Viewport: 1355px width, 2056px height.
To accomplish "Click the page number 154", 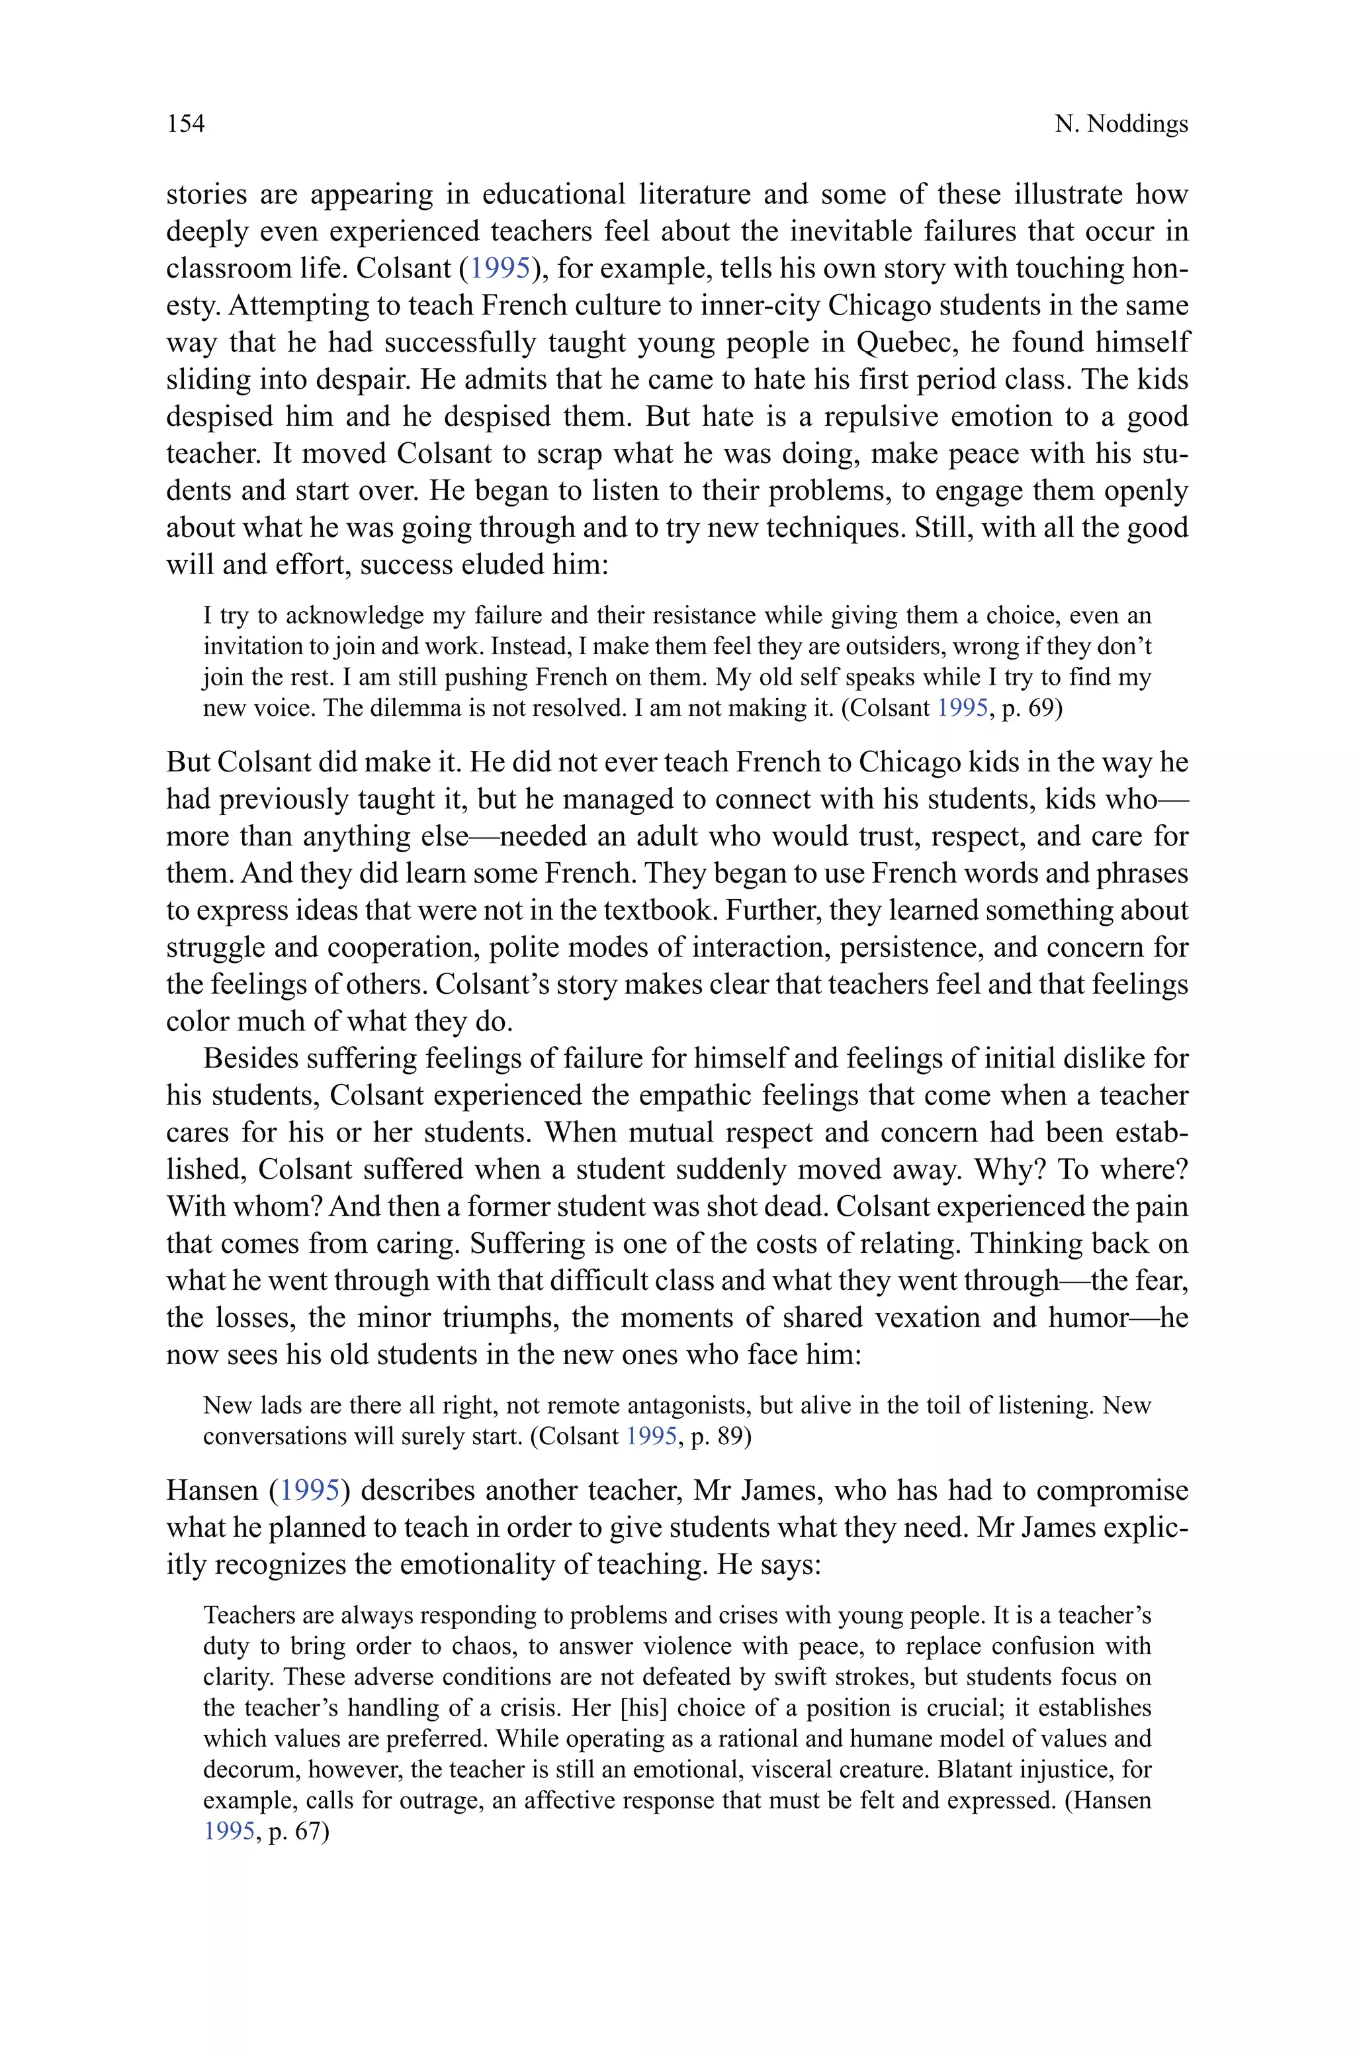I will pyautogui.click(x=186, y=124).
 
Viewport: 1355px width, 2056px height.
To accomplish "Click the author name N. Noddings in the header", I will pyautogui.click(x=1121, y=124).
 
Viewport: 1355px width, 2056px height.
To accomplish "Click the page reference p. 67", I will pyautogui.click(x=299, y=1832).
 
